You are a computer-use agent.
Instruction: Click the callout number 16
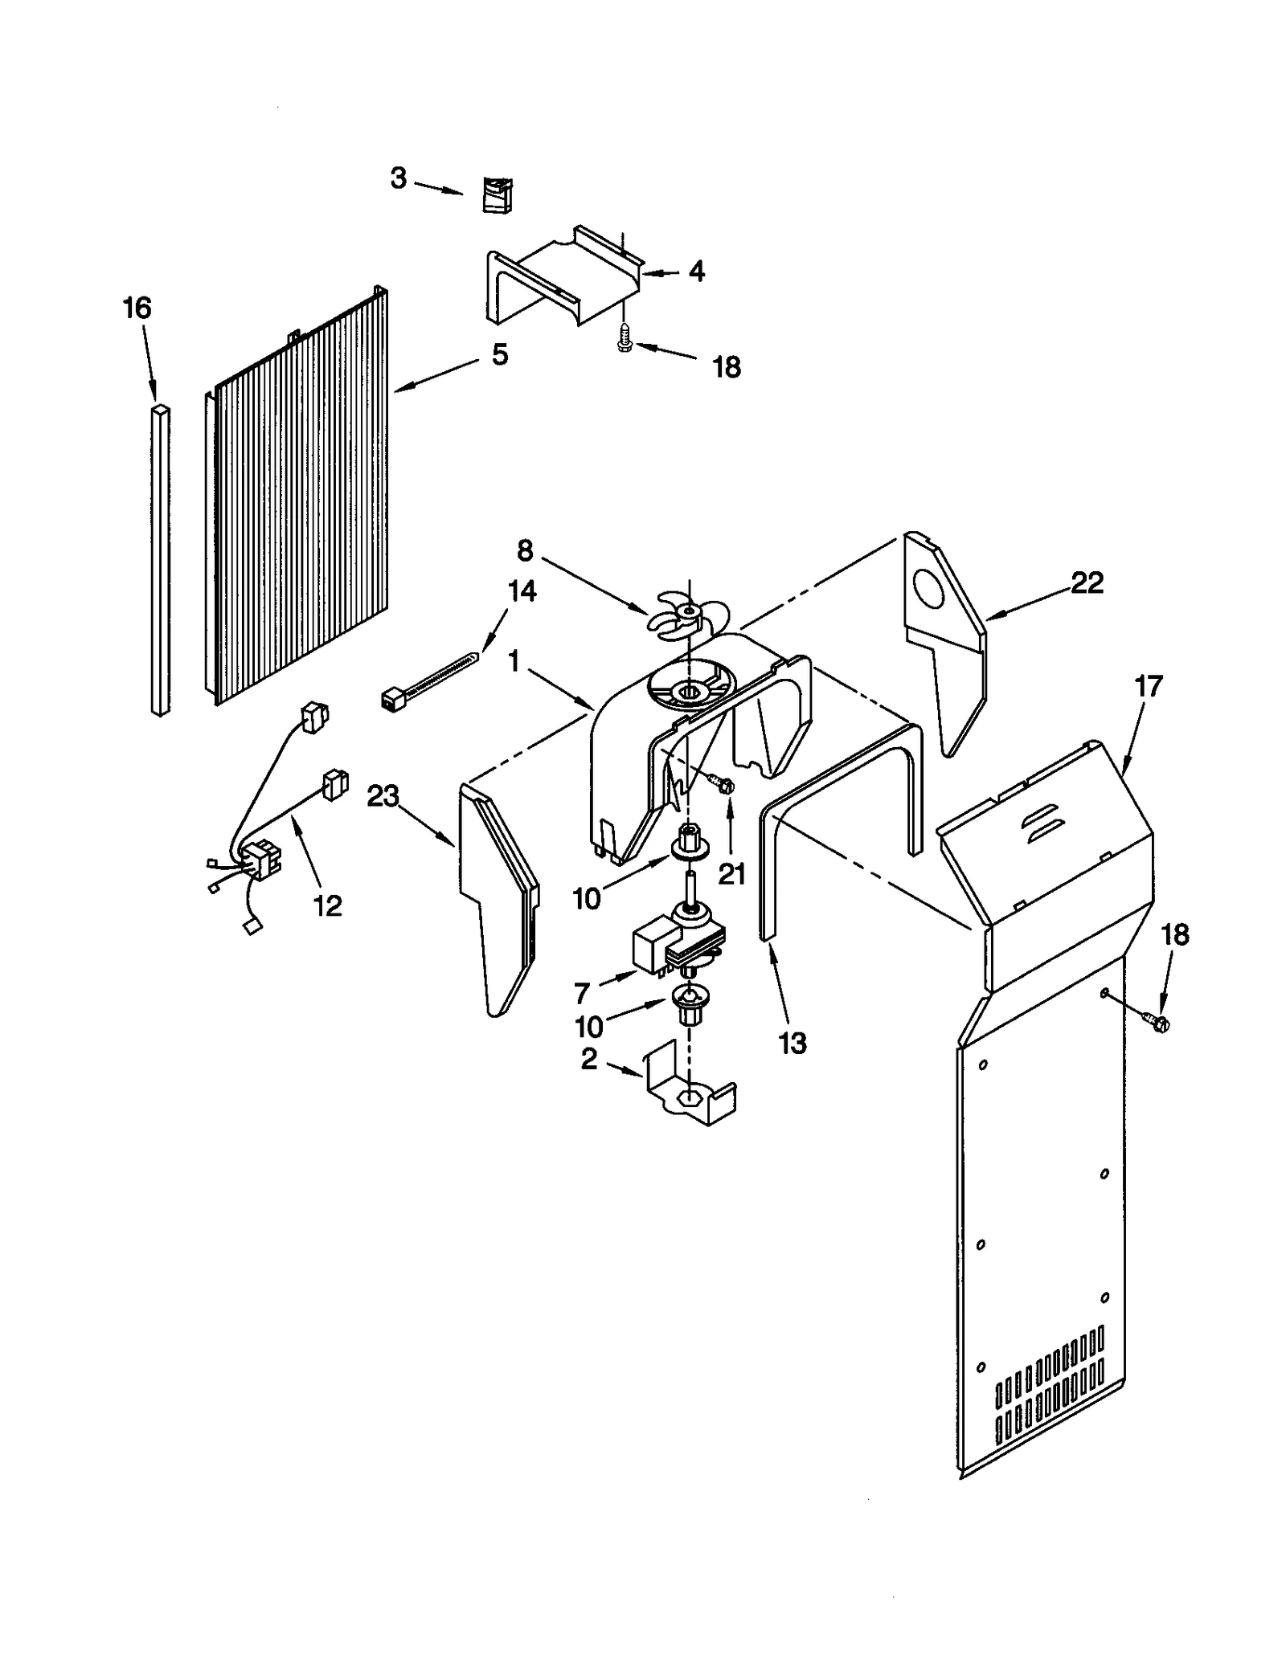[137, 308]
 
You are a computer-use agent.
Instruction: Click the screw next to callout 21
[721, 781]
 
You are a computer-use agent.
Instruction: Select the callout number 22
[1087, 582]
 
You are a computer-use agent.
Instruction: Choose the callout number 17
[1148, 687]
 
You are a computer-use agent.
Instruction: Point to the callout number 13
[792, 1044]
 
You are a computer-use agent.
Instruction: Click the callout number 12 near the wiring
[327, 905]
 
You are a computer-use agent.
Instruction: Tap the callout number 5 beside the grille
[500, 354]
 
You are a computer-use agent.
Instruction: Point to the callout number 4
[697, 271]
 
